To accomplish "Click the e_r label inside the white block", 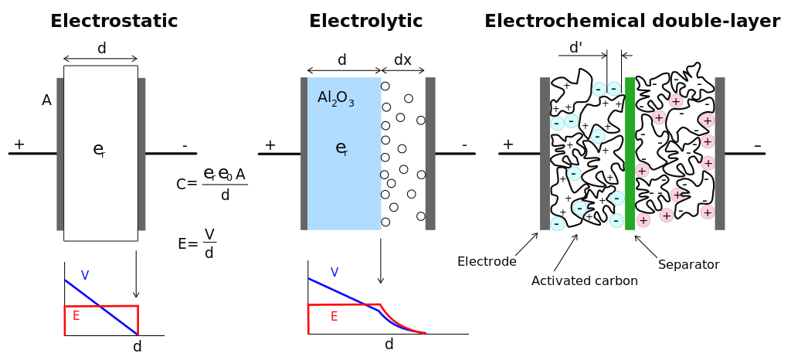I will [x=98, y=150].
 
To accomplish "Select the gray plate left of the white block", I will [x=59, y=155].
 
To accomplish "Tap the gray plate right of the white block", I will [x=142, y=155].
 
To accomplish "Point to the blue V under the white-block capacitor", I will [x=85, y=275].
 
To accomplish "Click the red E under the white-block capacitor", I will [x=76, y=316].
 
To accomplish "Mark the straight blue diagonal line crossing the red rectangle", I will [x=116, y=318].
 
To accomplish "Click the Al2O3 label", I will [x=335, y=98].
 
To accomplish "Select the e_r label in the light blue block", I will [x=341, y=148].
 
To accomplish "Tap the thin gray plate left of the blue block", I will [x=304, y=155].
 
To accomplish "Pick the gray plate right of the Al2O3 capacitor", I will [x=430, y=155].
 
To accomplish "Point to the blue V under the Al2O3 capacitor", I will [x=334, y=272].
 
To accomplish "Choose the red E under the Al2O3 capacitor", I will [x=334, y=317].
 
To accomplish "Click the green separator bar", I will [x=630, y=155].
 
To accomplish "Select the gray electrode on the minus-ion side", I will [x=545, y=155].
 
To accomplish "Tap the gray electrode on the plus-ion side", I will [x=720, y=155].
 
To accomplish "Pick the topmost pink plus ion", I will [x=676, y=101].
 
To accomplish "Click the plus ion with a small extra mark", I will [x=677, y=195].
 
